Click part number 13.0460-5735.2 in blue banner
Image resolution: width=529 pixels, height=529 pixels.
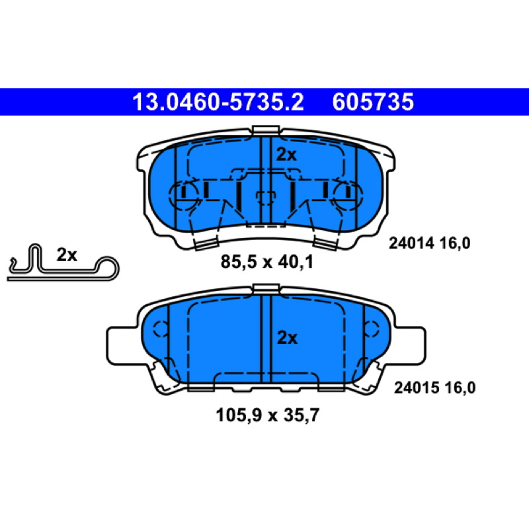[218, 102]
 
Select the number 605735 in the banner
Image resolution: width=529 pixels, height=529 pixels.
[373, 102]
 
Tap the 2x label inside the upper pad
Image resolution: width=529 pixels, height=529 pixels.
[286, 155]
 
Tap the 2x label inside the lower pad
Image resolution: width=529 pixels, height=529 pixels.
[287, 338]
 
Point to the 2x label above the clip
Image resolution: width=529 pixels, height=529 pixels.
[67, 255]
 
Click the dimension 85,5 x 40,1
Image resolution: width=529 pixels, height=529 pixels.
[267, 262]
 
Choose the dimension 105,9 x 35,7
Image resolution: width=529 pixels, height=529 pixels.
[267, 415]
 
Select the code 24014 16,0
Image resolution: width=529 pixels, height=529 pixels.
[429, 243]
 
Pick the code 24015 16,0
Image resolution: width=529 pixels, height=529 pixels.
[435, 387]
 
